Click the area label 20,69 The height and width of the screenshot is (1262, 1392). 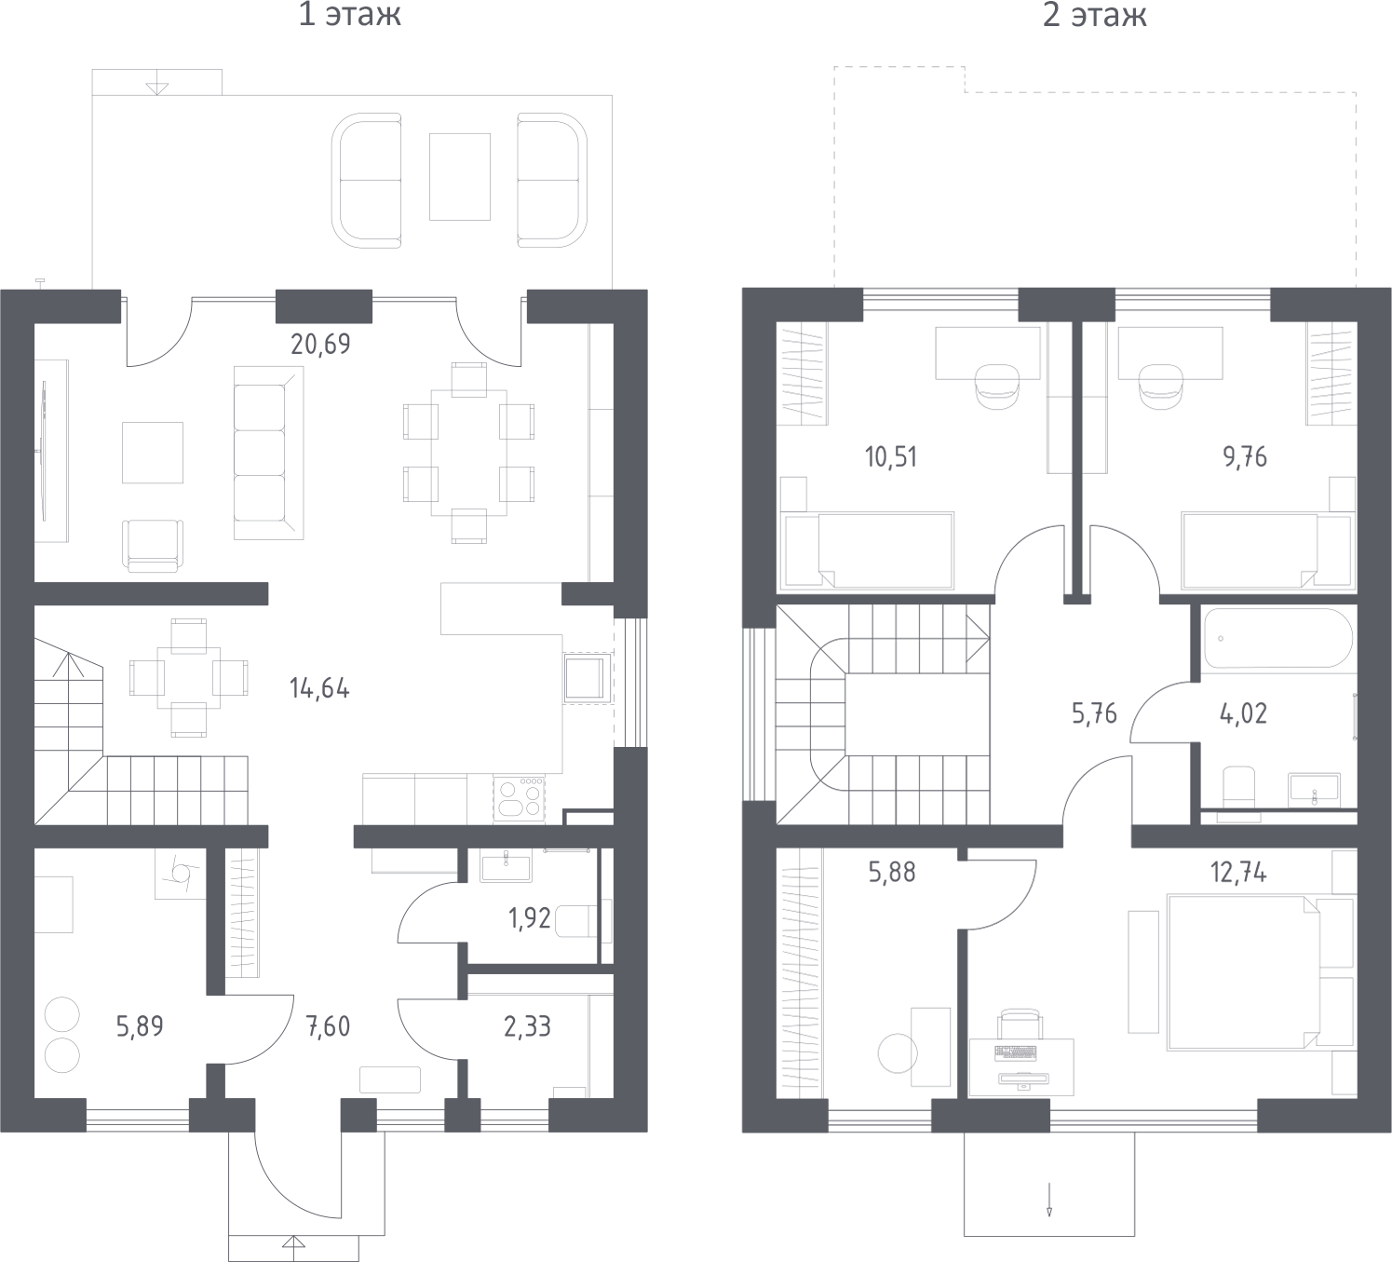[x=320, y=344]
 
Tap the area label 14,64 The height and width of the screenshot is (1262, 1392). [x=319, y=688]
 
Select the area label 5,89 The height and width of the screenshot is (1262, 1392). [x=140, y=1026]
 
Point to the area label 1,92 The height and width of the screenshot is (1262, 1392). [x=530, y=918]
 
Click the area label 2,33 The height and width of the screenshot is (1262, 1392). [x=527, y=1026]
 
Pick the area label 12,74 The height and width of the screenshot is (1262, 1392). [x=1238, y=872]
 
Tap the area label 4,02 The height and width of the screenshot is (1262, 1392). [x=1244, y=712]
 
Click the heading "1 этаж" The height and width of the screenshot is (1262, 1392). [x=350, y=15]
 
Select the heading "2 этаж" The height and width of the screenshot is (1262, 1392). [x=1094, y=15]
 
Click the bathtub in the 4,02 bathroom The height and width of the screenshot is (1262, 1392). [x=1277, y=638]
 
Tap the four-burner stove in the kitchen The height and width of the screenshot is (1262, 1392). [x=519, y=798]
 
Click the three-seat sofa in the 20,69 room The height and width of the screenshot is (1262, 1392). [x=268, y=453]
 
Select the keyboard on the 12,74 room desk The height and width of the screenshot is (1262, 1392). [x=1015, y=1053]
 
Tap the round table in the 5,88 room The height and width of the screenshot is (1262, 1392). [x=898, y=1053]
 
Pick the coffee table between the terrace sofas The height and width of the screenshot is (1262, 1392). [x=459, y=177]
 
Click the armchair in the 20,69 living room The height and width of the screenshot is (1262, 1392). [x=153, y=546]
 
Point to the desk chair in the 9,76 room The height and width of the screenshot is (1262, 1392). [x=1161, y=386]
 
